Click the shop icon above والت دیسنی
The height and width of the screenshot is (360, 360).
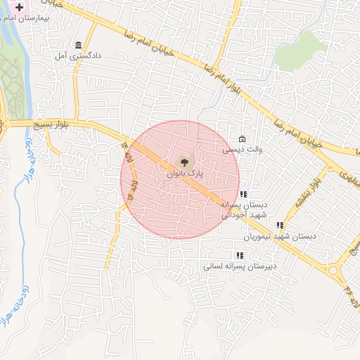(243, 139)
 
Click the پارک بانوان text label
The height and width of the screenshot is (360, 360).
(184, 172)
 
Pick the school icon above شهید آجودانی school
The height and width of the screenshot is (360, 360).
(243, 194)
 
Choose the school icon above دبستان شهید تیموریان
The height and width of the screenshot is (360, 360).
(280, 226)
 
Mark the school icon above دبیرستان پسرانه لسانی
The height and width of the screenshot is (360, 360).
(239, 255)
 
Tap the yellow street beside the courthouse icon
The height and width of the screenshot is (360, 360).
(75, 77)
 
